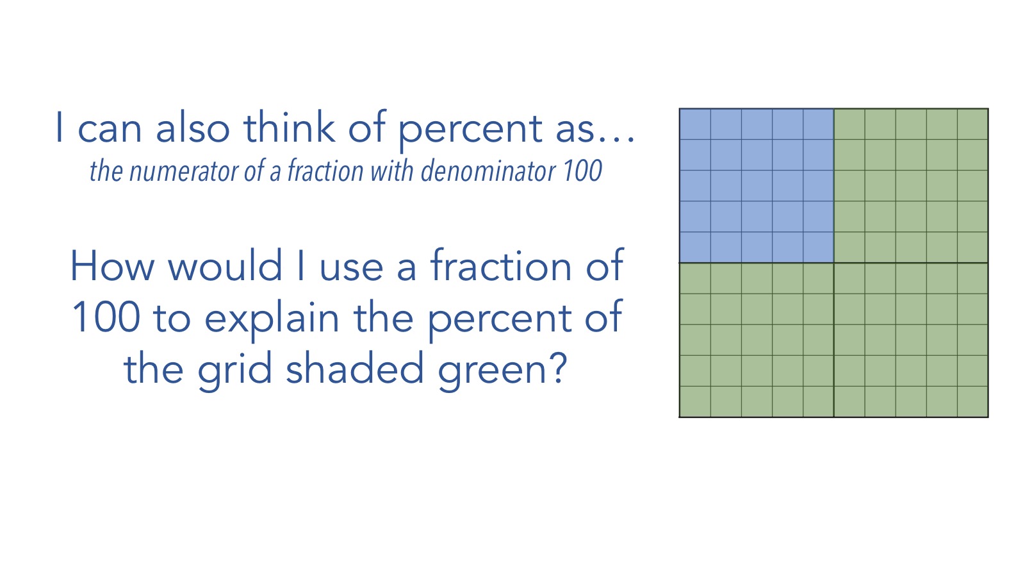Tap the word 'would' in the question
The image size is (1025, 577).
(225, 265)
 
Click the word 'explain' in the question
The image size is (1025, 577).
(272, 320)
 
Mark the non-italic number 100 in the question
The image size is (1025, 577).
(106, 317)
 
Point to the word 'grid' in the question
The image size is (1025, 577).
(234, 371)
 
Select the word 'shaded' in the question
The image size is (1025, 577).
(355, 367)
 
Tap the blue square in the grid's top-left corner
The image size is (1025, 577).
(695, 124)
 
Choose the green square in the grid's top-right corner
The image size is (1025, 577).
(972, 124)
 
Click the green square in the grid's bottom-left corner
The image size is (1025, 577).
(695, 401)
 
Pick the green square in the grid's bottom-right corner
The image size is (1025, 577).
(972, 401)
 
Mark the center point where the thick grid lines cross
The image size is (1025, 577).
(833, 263)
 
